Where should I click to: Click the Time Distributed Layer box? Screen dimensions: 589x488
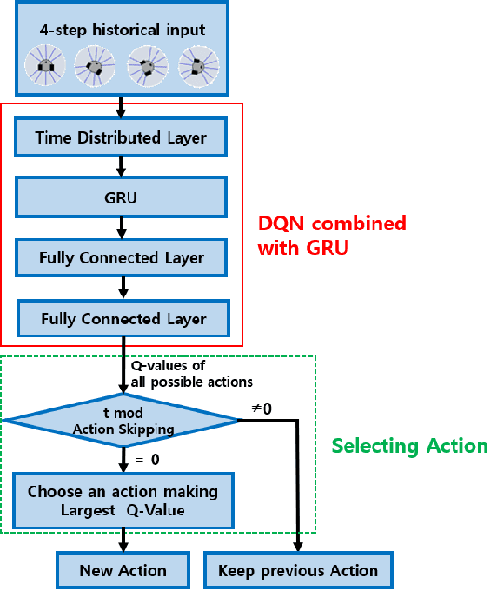(x=122, y=138)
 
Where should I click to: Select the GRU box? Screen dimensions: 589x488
(x=122, y=197)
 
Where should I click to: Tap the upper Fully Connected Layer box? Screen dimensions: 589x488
(x=122, y=256)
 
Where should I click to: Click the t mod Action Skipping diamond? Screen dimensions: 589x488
(x=121, y=420)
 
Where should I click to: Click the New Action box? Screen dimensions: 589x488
(x=123, y=569)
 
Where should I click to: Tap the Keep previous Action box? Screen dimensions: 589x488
(x=298, y=569)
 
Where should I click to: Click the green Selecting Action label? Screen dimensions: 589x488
(x=410, y=446)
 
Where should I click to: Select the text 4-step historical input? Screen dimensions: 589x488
(x=122, y=30)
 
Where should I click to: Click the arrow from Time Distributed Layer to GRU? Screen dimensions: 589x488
(x=122, y=165)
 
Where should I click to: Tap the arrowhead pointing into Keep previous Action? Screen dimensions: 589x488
(x=298, y=547)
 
